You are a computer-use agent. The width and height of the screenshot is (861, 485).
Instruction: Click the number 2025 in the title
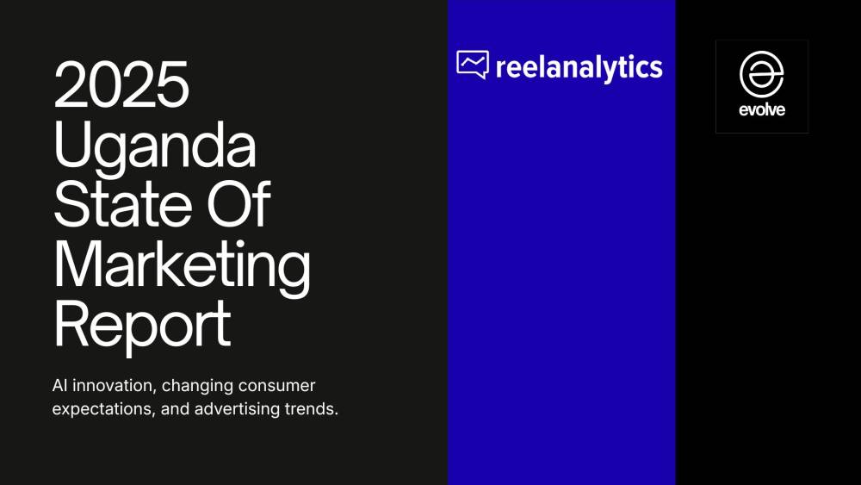click(121, 85)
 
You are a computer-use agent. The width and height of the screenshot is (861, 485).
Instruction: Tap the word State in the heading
click(117, 204)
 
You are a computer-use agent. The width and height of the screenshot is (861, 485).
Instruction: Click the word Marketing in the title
click(182, 266)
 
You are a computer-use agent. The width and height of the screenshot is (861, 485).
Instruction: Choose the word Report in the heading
click(142, 323)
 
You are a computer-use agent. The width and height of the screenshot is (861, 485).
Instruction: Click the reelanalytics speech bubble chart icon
click(472, 65)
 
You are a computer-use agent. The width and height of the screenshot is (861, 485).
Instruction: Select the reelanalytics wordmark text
click(579, 66)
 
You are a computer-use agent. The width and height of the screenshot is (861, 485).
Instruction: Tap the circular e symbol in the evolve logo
click(762, 75)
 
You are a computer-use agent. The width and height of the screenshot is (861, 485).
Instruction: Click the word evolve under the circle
click(762, 110)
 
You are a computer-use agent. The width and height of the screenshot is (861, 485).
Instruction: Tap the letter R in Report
click(71, 323)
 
